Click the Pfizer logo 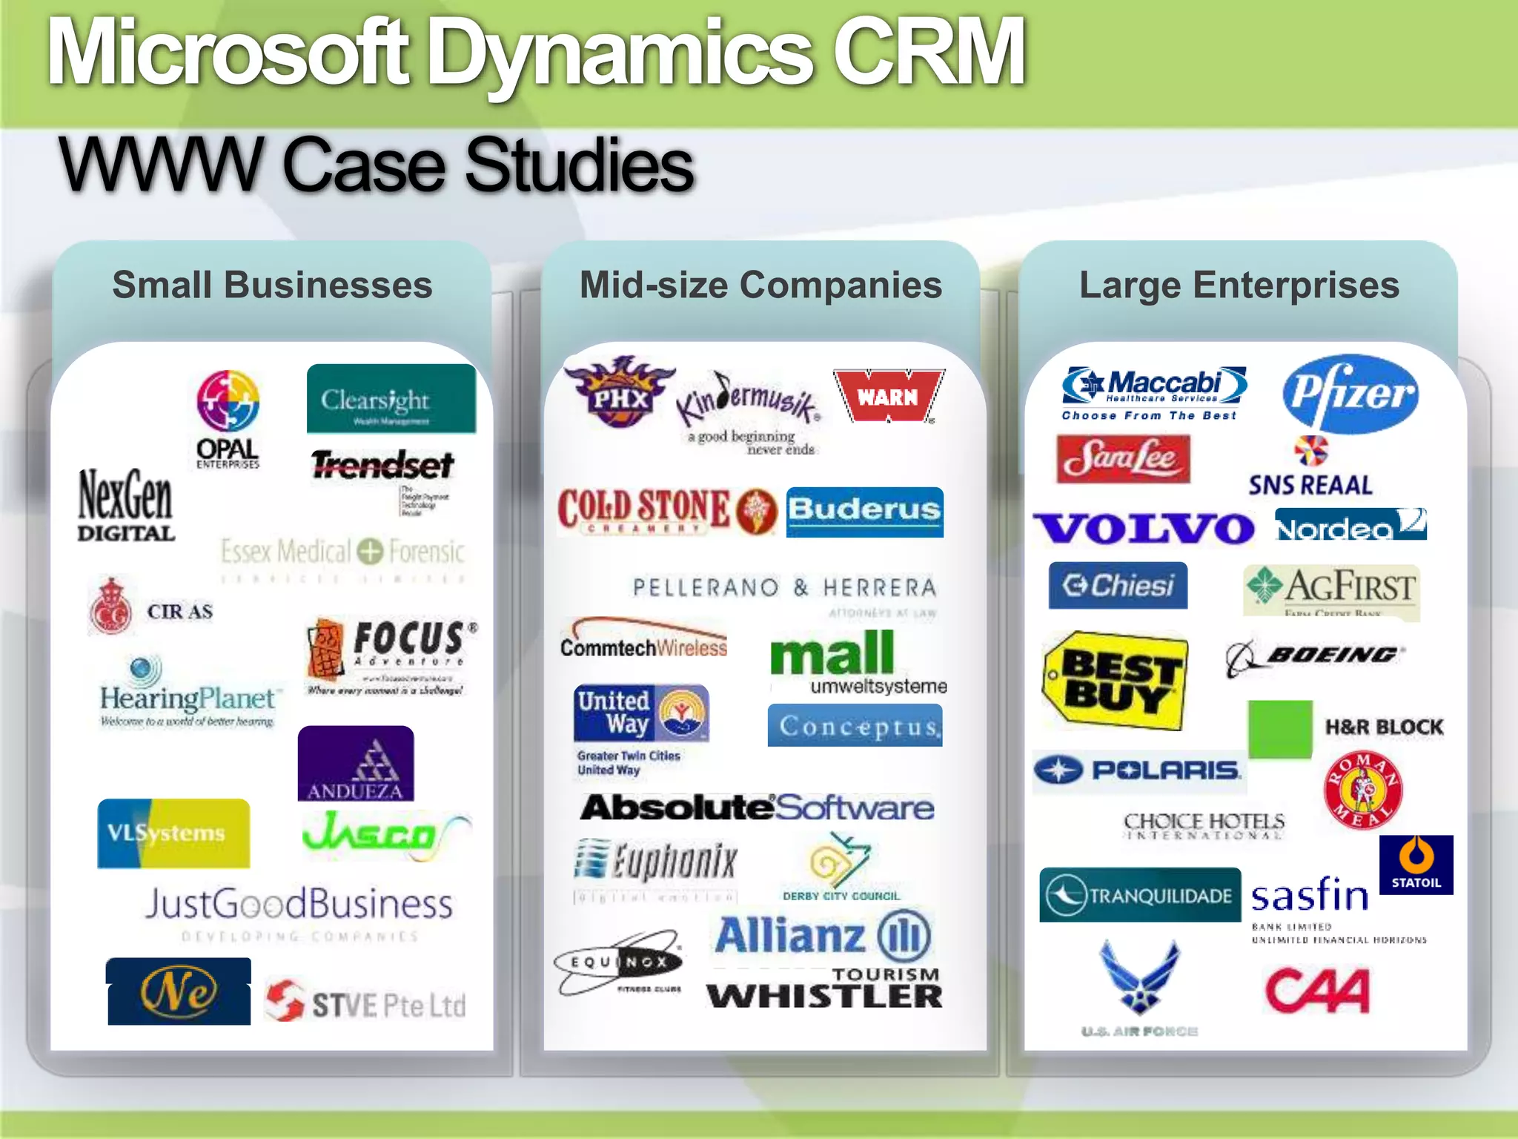tap(1350, 393)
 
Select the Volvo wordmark tap(1144, 528)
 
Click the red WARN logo tap(888, 396)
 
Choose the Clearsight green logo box tap(391, 399)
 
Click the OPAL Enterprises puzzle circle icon tap(228, 401)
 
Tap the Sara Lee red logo tap(1123, 459)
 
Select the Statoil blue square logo tap(1416, 865)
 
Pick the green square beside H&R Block tap(1280, 729)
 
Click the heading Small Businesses tap(272, 285)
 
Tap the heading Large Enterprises tap(1239, 285)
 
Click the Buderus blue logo tap(864, 512)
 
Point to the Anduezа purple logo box tap(356, 764)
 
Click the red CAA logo tap(1317, 991)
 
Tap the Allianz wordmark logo tap(822, 936)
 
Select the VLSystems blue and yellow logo tap(173, 833)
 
